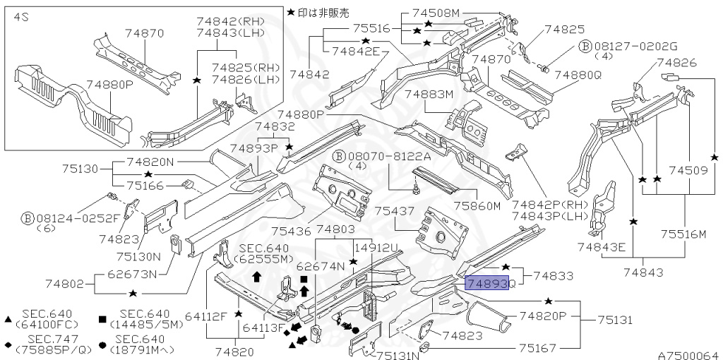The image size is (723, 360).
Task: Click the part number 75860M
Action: [x=477, y=206]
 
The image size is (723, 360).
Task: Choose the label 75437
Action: [x=394, y=211]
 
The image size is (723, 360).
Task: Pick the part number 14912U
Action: [x=376, y=248]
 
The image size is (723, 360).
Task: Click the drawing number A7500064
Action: [x=688, y=355]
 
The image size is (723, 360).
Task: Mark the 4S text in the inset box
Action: [x=20, y=16]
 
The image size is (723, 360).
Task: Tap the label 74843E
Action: [x=602, y=246]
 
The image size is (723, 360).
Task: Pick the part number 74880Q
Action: [x=578, y=75]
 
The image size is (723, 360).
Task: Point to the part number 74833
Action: [x=554, y=276]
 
